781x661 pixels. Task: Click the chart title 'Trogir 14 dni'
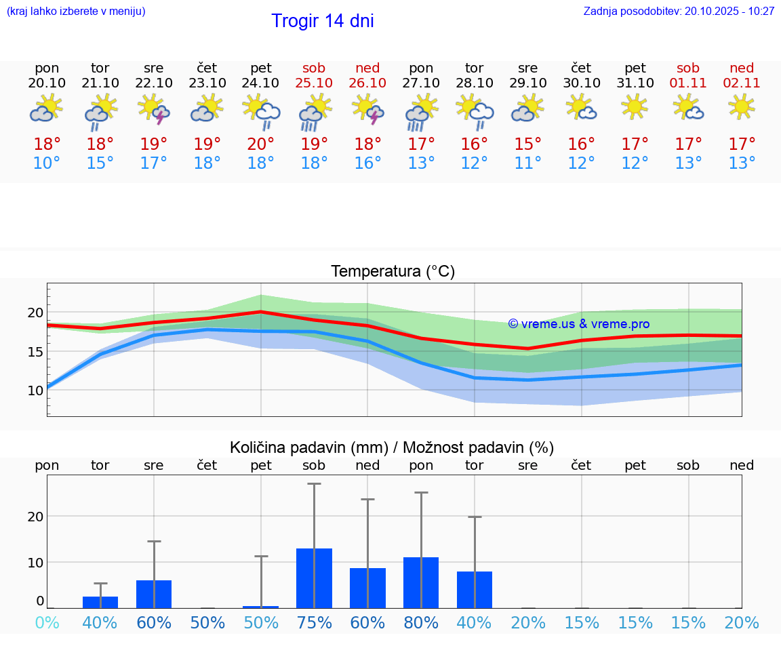323,21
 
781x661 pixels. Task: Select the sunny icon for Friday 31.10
635,107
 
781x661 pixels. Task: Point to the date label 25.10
314,83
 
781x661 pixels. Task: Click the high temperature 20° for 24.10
261,144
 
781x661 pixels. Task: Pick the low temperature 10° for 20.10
47,163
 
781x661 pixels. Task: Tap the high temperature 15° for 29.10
528,144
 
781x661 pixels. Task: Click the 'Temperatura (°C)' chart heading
393,272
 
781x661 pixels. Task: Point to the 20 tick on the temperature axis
35,313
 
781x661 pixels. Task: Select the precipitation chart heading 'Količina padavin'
392,447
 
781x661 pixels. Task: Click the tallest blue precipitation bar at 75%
314,578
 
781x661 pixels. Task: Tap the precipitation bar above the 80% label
421,582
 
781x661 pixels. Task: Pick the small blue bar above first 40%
100,602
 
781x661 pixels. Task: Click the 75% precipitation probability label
314,623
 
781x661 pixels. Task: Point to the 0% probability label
47,623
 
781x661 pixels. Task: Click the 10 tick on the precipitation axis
35,562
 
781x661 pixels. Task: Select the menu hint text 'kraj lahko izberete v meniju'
76,12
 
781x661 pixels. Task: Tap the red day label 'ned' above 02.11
742,68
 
